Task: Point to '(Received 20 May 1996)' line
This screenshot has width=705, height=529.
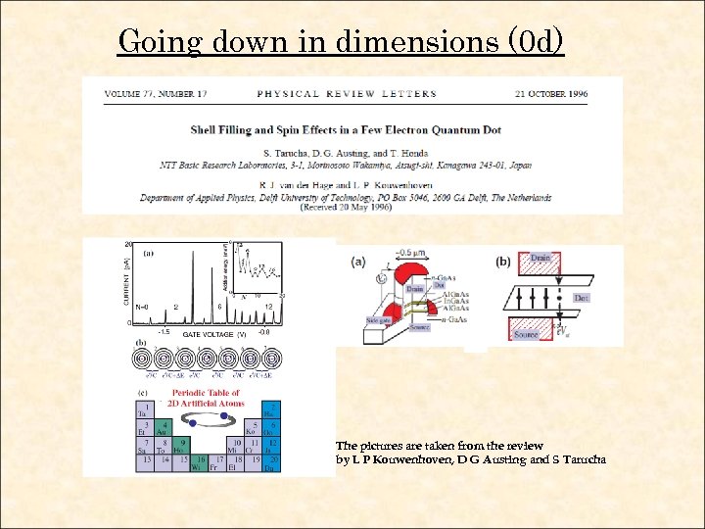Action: pyautogui.click(x=346, y=208)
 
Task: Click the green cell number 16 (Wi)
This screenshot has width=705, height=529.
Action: pyautogui.click(x=200, y=463)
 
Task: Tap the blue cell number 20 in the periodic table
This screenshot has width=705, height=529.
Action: pyautogui.click(x=274, y=463)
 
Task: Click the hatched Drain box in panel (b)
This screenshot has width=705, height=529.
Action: pyautogui.click(x=540, y=263)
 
